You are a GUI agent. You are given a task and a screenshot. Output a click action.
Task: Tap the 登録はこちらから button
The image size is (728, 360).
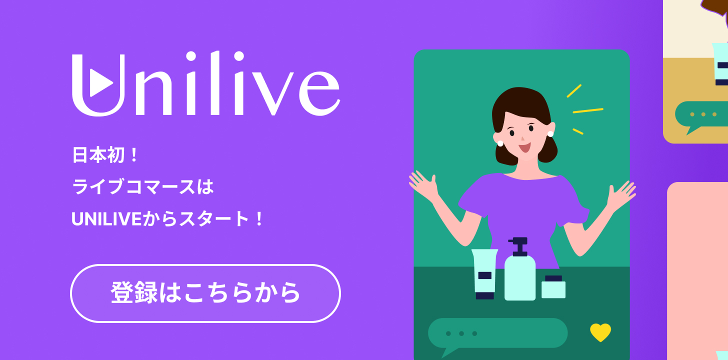pos(205,293)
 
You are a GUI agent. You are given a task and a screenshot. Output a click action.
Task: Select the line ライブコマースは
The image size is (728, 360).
pos(142,186)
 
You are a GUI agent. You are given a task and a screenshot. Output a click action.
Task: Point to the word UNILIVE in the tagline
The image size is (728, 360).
pos(106,219)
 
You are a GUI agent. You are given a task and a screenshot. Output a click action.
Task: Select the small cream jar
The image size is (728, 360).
pos(553,287)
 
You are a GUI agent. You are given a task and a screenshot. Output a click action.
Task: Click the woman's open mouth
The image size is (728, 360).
pos(524,148)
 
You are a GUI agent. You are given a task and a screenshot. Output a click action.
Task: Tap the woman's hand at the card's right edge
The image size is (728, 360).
pos(621,195)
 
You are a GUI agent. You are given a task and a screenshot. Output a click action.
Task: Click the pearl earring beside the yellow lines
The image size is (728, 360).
pos(550,134)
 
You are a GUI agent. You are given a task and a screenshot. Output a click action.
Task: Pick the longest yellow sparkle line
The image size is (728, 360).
pos(588,111)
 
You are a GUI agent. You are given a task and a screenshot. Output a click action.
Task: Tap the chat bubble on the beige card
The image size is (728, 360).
pos(702,114)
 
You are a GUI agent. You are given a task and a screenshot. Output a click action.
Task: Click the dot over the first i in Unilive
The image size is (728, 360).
pos(191,56)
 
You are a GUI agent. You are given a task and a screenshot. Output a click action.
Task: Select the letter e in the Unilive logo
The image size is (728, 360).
pos(319,93)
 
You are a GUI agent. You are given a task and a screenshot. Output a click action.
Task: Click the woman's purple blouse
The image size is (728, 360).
pos(523,208)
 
